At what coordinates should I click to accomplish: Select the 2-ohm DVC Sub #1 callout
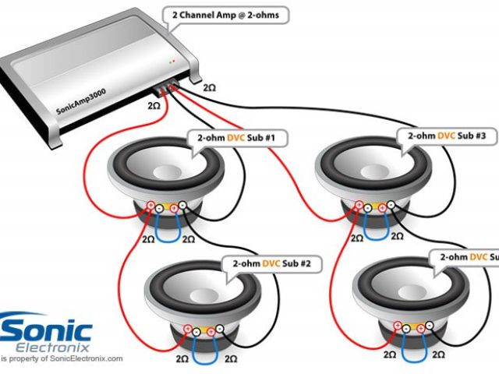click(x=237, y=138)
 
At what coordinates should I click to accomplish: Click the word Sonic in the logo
click(x=48, y=327)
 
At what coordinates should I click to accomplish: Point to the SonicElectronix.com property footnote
click(x=62, y=359)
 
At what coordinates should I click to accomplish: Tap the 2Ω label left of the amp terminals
click(x=154, y=104)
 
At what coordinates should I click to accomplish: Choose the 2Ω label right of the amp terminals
click(x=209, y=90)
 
